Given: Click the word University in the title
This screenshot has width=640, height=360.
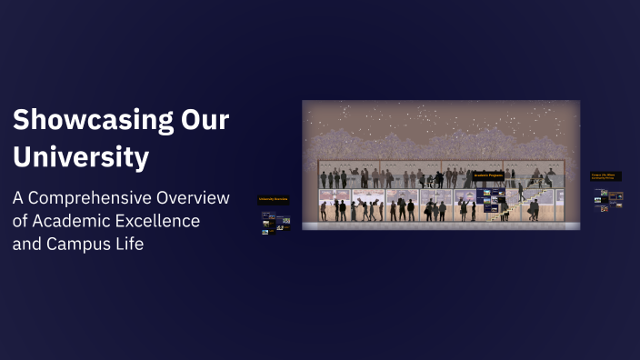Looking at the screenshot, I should pos(81,157).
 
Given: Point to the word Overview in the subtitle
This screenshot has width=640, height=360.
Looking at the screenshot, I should pos(195,198).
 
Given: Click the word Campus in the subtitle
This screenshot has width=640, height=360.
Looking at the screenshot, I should pos(76,244).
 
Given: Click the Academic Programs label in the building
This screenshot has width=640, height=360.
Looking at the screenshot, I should pos(487,175).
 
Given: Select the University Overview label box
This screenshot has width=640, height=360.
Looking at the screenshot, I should pos(274,198).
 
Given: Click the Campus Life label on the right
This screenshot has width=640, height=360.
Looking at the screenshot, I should pos(606,176).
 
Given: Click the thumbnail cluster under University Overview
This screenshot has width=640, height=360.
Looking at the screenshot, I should pos(275,222).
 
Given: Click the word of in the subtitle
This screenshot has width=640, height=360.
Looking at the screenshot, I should pos(21,221).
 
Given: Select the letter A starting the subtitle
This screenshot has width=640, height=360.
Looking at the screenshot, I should pos(18,198).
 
